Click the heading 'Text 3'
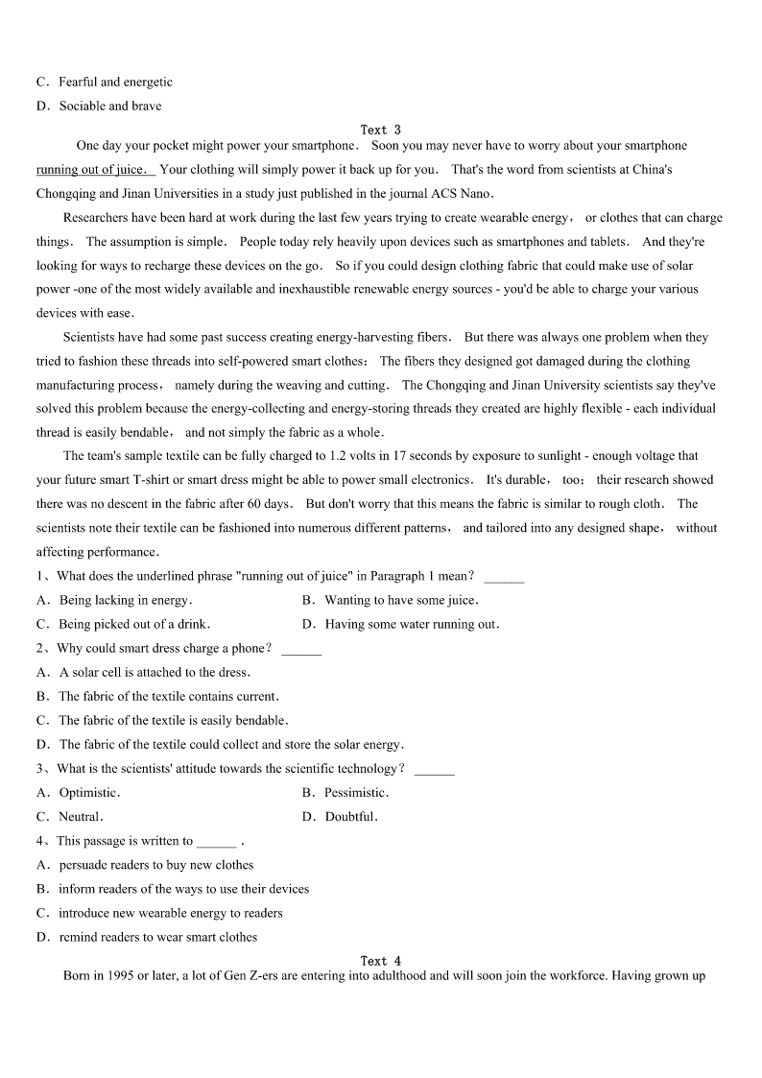[380, 130]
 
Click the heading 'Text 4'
[380, 961]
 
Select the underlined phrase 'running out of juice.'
[94, 170]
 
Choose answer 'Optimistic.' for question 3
[89, 793]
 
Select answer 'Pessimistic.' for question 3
[356, 793]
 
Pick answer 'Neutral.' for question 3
[81, 817]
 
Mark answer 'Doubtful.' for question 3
[351, 817]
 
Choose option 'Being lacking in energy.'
[125, 601]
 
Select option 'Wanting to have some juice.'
[401, 601]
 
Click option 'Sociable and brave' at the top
[110, 107]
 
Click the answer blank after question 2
[301, 651]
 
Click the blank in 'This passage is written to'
[216, 843]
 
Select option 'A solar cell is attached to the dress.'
[155, 673]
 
